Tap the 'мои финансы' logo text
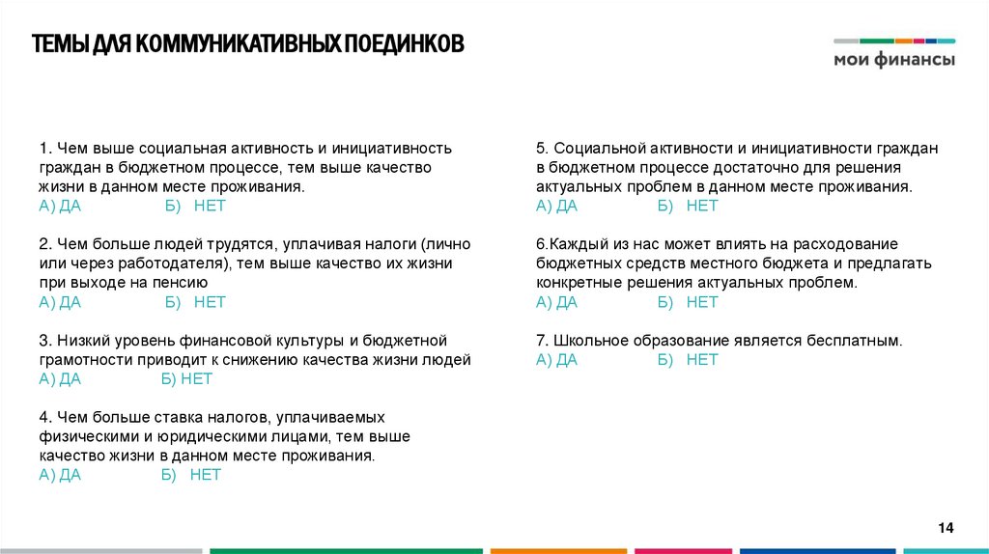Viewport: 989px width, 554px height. click(x=894, y=60)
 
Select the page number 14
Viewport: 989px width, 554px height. click(x=946, y=527)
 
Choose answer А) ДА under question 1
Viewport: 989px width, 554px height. click(x=60, y=206)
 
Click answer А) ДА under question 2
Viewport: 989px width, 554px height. click(x=60, y=302)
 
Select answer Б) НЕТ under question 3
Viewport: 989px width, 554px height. click(x=186, y=378)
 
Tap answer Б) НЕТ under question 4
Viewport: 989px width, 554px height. click(x=191, y=475)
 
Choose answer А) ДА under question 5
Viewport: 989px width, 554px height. click(x=556, y=206)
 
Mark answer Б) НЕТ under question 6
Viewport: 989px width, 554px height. click(x=688, y=302)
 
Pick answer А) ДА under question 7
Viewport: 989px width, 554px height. click(x=556, y=360)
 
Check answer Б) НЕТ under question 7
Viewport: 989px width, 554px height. click(x=688, y=360)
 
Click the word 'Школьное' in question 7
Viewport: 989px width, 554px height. click(x=592, y=341)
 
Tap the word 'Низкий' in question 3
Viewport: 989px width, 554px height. click(x=79, y=341)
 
